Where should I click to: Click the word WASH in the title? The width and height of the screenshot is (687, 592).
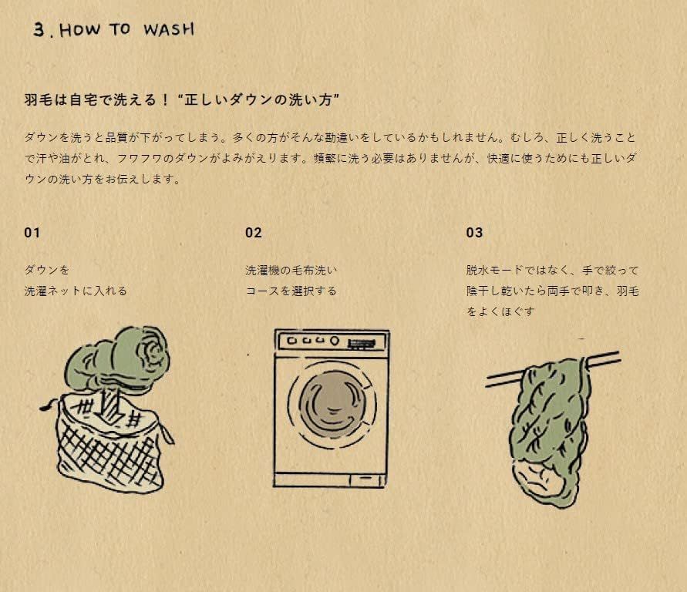[x=168, y=30]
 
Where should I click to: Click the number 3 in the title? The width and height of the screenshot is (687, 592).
[x=40, y=29]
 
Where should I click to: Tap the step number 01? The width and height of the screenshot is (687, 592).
[x=32, y=233]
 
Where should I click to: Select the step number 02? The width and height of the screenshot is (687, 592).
[x=254, y=233]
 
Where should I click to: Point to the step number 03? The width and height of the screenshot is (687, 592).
[x=474, y=233]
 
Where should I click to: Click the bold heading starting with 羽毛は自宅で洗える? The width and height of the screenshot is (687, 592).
[x=182, y=101]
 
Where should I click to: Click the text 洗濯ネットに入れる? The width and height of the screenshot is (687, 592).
[x=76, y=291]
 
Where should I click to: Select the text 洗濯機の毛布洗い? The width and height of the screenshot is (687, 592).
[x=291, y=271]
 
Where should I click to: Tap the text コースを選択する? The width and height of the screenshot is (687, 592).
[x=291, y=291]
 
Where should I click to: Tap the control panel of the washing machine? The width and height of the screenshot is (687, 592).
[x=331, y=341]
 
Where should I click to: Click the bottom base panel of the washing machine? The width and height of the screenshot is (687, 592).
[x=331, y=479]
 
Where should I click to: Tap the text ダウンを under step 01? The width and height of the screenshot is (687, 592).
[x=47, y=271]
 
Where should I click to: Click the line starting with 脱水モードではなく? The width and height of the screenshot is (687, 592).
[x=552, y=271]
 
